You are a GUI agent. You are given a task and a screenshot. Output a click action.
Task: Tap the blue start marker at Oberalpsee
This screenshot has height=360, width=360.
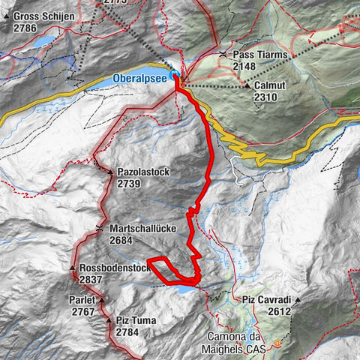tap(175, 76)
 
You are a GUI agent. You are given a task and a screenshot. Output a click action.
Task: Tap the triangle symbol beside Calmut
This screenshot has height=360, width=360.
tap(247, 86)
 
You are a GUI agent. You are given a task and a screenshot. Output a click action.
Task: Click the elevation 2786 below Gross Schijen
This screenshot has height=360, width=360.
tap(25, 26)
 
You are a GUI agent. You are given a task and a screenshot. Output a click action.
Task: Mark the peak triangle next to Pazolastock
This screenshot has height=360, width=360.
tap(109, 172)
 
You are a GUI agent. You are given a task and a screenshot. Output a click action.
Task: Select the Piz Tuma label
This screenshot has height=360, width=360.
tap(137, 321)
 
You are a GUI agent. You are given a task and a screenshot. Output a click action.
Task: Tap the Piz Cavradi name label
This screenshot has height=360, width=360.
tap(266, 300)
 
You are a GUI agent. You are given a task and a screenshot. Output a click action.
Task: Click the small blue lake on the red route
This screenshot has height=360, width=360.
tap(184, 286)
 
